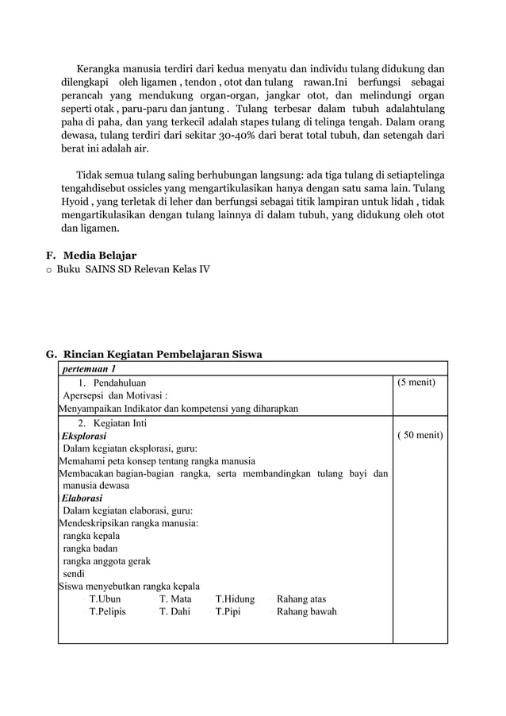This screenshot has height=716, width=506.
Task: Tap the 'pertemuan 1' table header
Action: (90, 368)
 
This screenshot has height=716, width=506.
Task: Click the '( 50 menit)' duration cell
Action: (419, 435)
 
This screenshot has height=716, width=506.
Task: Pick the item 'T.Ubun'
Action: (105, 599)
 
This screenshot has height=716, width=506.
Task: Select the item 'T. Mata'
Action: (175, 599)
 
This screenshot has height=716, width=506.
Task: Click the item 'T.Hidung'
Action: (235, 599)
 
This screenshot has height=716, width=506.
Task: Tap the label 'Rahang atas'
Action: (301, 599)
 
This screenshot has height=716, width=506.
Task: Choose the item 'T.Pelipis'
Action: (107, 611)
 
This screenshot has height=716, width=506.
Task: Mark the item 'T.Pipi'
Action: (228, 611)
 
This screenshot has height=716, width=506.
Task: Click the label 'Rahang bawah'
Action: (306, 611)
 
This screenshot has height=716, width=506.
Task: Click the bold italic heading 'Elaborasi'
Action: (82, 498)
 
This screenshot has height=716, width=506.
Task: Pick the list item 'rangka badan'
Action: (90, 548)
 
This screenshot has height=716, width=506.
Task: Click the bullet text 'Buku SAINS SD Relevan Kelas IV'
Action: (133, 269)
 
